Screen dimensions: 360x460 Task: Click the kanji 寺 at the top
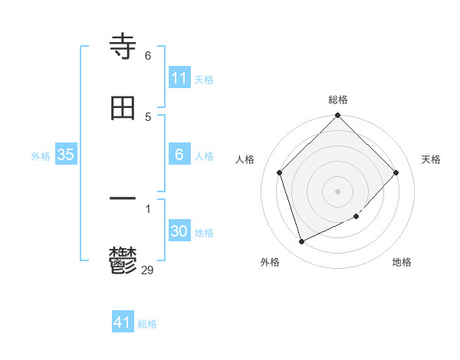[123, 47]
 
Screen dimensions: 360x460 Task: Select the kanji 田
[123, 108]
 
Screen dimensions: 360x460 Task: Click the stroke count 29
[148, 270]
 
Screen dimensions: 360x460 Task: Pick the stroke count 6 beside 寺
[148, 56]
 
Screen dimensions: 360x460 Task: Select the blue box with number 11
[179, 78]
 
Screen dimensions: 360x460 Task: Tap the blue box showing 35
[66, 155]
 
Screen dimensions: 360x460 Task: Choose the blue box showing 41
[123, 322]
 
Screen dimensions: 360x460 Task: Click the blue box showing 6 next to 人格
[179, 155]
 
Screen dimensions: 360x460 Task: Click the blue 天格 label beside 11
[204, 79]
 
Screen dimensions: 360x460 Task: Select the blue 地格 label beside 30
[204, 233]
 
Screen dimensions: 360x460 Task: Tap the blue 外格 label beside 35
[41, 155]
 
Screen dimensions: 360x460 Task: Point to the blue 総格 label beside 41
[147, 324]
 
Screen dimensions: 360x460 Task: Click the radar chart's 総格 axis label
[338, 100]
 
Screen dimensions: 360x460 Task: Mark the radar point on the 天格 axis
[396, 172]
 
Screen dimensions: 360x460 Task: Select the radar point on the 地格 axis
[356, 217]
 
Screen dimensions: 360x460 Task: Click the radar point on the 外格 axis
[302, 241]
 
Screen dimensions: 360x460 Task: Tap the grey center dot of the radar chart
[338, 191]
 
